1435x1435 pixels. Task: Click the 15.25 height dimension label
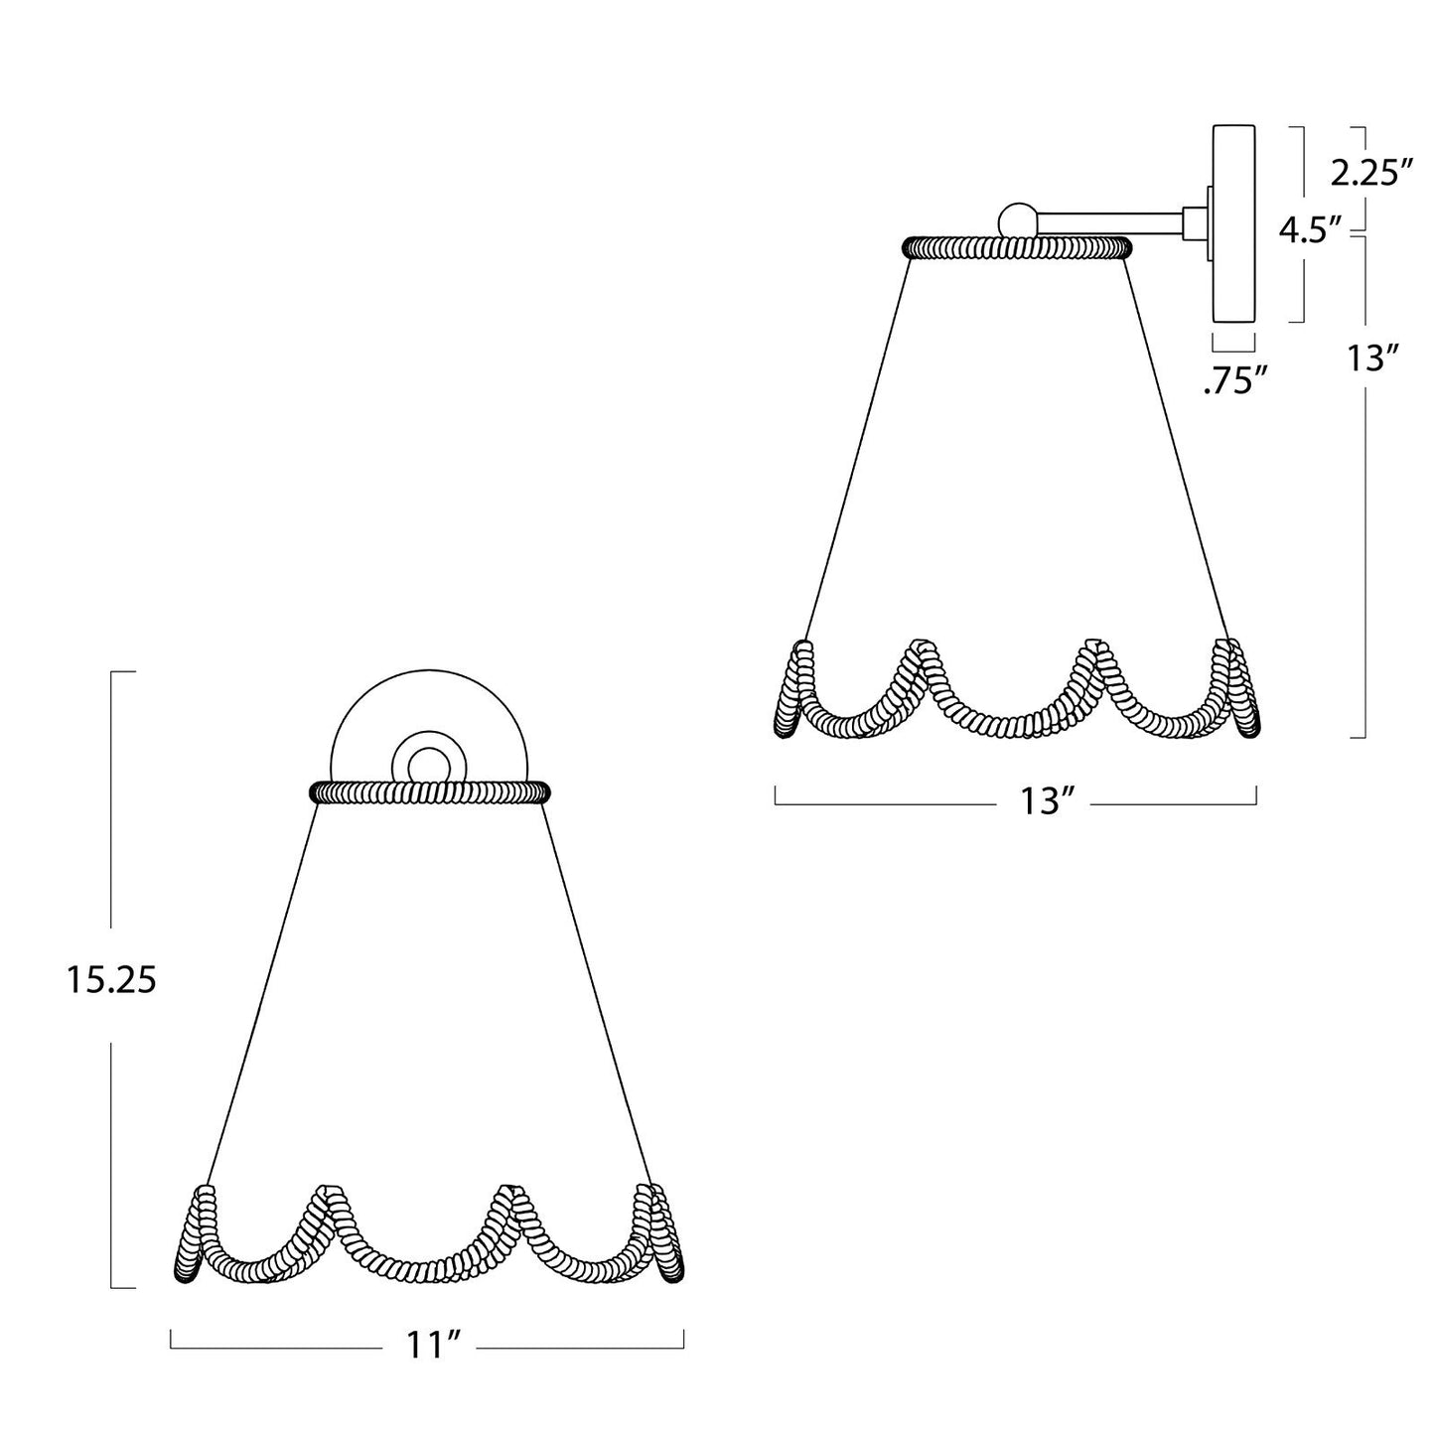tap(111, 981)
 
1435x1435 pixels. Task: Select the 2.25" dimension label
tap(1371, 174)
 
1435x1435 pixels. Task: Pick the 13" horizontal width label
tap(1049, 802)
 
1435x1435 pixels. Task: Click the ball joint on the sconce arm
tap(1017, 221)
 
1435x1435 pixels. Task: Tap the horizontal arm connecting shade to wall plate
tap(1109, 221)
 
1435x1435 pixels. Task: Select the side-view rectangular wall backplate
tap(1234, 223)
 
